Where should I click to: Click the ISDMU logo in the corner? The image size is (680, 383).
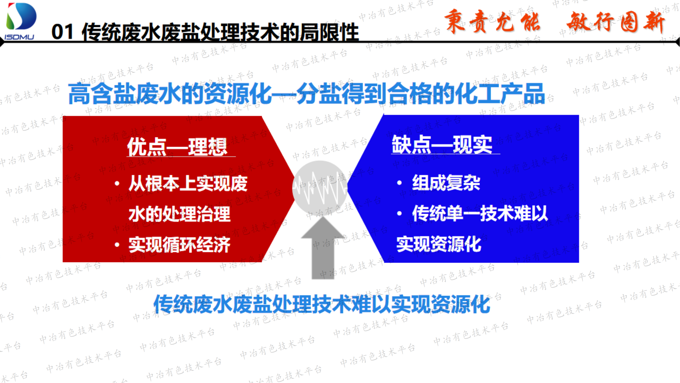[x=20, y=21]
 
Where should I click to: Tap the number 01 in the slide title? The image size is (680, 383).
[x=62, y=32]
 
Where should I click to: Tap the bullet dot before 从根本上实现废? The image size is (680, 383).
[x=117, y=184]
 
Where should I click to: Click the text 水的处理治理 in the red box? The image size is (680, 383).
[x=179, y=214]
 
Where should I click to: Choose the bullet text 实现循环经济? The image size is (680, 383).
[x=179, y=245]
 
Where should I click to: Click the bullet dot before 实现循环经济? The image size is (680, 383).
[x=117, y=245]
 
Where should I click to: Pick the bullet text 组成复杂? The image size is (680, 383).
[x=446, y=183]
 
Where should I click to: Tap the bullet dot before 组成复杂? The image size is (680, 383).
[x=399, y=183]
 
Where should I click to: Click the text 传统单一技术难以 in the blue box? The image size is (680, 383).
[x=480, y=213]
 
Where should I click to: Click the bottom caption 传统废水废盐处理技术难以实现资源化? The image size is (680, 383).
[x=322, y=305]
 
